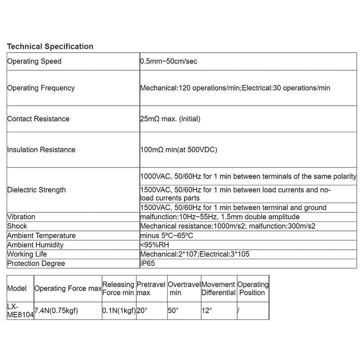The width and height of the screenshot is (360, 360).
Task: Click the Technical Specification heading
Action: point(50,46)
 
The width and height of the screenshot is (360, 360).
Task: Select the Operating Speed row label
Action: point(34,61)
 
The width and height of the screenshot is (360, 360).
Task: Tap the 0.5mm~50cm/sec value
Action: point(168,61)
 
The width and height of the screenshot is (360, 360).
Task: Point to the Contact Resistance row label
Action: point(38,119)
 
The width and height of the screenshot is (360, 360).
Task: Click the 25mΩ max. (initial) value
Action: point(170,119)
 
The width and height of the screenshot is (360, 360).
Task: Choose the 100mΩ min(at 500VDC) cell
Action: point(179,150)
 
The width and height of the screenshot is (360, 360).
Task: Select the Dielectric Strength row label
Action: point(36,190)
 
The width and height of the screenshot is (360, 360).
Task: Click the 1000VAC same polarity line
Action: point(248,176)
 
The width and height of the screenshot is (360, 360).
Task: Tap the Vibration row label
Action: point(21,217)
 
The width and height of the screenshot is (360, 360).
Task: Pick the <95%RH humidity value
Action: point(154,245)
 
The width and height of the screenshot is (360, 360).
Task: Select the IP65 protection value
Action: point(147,264)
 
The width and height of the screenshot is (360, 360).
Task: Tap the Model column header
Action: point(17,288)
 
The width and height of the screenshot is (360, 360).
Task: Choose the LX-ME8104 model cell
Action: point(20,310)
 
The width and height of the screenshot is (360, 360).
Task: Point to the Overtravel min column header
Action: point(184,288)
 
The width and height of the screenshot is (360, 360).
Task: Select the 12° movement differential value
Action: point(207,310)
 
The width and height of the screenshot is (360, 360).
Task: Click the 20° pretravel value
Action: point(142,310)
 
